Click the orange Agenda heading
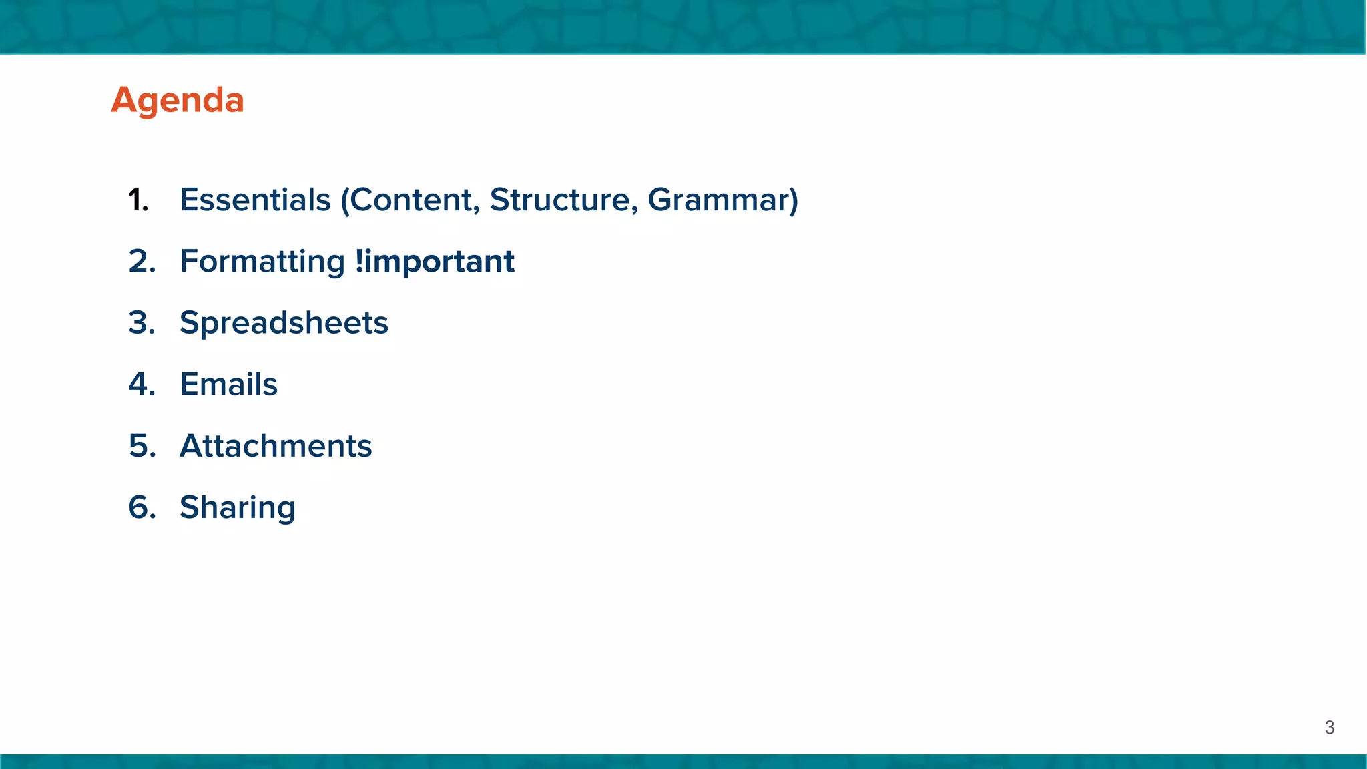(178, 101)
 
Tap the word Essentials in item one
(255, 200)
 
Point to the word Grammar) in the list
(723, 200)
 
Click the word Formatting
(262, 262)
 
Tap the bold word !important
(435, 261)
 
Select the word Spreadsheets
(284, 323)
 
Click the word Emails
(228, 384)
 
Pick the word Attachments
(276, 446)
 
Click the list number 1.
(138, 200)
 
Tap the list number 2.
(142, 262)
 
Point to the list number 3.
(142, 323)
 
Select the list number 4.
(142, 384)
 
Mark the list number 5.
(142, 446)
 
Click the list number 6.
(142, 507)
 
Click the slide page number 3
(1329, 728)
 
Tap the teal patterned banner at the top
(683, 27)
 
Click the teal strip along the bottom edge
(683, 762)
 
